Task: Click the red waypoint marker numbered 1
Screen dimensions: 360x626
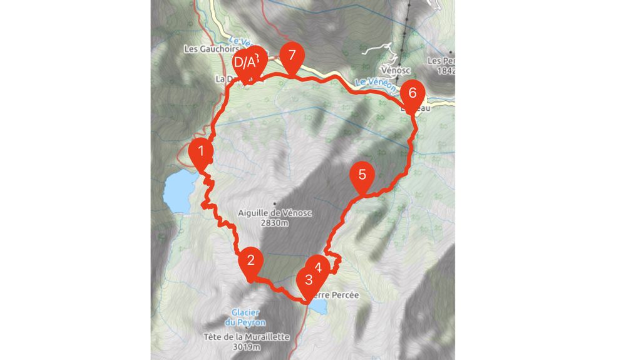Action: pyautogui.click(x=201, y=152)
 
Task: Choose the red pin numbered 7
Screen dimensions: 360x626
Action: pyautogui.click(x=292, y=57)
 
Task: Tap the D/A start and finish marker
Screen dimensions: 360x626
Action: pyautogui.click(x=244, y=63)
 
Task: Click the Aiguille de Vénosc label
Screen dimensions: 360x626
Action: pyautogui.click(x=274, y=213)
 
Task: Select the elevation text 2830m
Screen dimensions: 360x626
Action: pyautogui.click(x=274, y=223)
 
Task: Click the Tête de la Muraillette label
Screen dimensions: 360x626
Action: pyautogui.click(x=246, y=337)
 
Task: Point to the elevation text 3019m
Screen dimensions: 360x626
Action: pyautogui.click(x=246, y=347)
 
